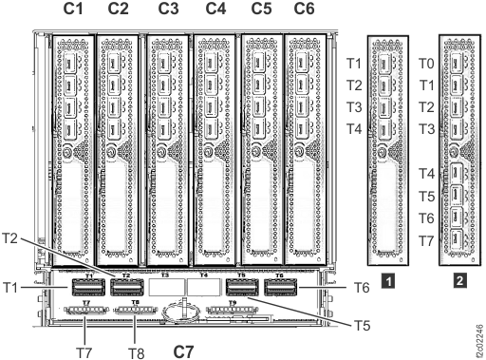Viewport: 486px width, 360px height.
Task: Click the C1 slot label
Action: [x=71, y=9]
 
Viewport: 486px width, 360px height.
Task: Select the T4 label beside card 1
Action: [x=354, y=129]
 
